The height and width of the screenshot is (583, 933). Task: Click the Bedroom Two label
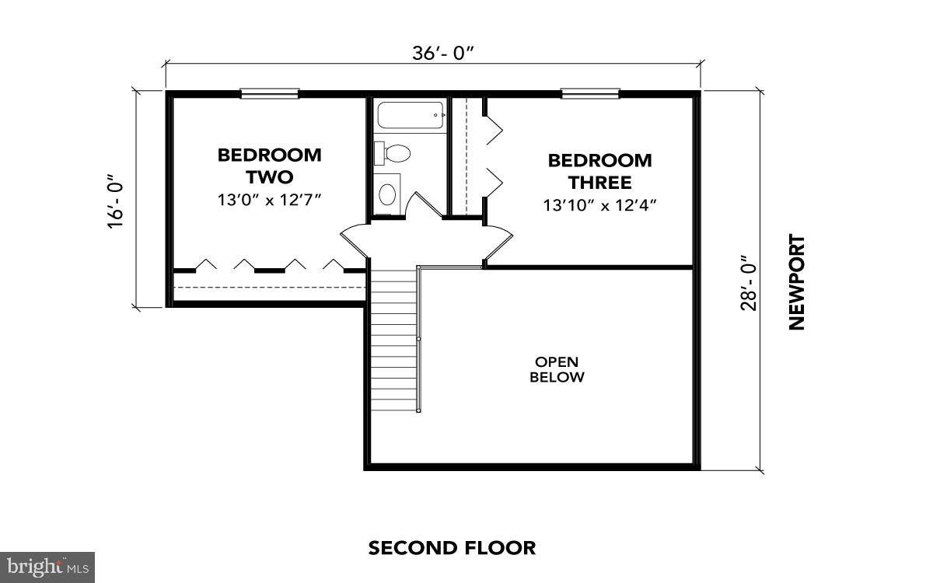tap(269, 165)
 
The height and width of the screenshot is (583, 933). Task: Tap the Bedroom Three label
tap(599, 172)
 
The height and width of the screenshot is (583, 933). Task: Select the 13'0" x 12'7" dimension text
tap(269, 200)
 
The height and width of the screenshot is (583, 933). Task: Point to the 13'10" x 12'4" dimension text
tap(599, 205)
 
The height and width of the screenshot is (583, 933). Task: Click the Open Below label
tap(556, 369)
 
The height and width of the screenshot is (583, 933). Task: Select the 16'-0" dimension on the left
tap(117, 201)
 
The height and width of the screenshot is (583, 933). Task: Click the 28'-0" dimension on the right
tap(747, 282)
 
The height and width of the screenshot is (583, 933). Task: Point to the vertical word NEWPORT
tap(796, 282)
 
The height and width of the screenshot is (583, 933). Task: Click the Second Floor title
tap(452, 548)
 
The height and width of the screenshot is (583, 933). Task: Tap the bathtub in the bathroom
tap(411, 117)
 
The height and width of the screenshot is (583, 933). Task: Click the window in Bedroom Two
tap(269, 94)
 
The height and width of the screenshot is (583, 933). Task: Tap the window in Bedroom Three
tap(590, 94)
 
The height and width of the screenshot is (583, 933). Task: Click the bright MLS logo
tap(47, 567)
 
